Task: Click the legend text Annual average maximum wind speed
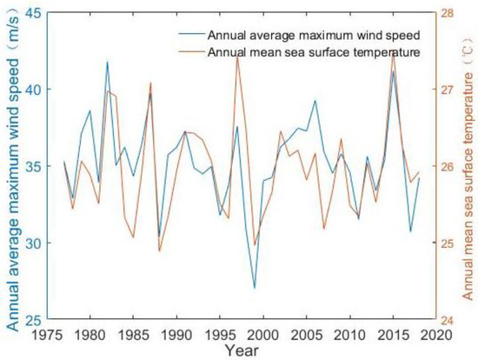[314, 36]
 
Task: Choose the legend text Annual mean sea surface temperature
[314, 52]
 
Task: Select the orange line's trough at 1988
[160, 251]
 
